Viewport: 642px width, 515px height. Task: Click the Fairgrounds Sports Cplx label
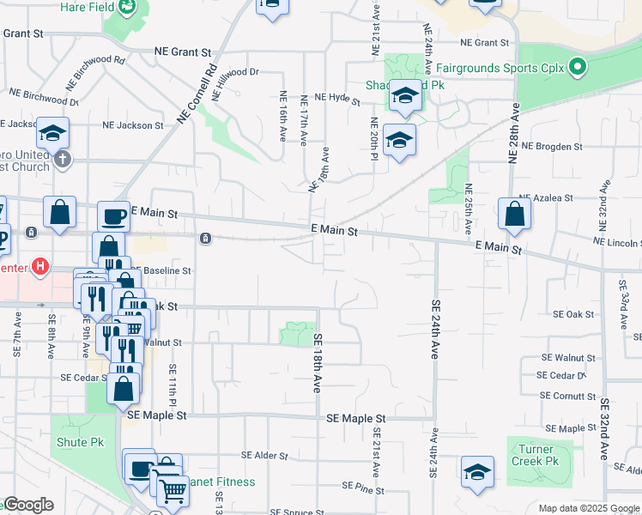pos(501,67)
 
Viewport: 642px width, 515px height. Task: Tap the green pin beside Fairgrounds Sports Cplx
pos(578,66)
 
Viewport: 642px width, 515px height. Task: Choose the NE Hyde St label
pos(336,99)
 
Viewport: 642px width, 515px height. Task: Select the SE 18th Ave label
pos(317,363)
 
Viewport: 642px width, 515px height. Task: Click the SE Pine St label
pos(363,487)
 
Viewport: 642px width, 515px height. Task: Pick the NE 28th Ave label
pos(514,133)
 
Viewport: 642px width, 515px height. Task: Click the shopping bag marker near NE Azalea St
pos(513,215)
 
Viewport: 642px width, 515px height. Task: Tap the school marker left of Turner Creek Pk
pos(477,471)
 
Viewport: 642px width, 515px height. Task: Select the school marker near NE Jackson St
pos(52,134)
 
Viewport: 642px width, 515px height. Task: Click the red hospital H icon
pos(38,266)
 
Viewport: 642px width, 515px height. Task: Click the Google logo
pos(28,505)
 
